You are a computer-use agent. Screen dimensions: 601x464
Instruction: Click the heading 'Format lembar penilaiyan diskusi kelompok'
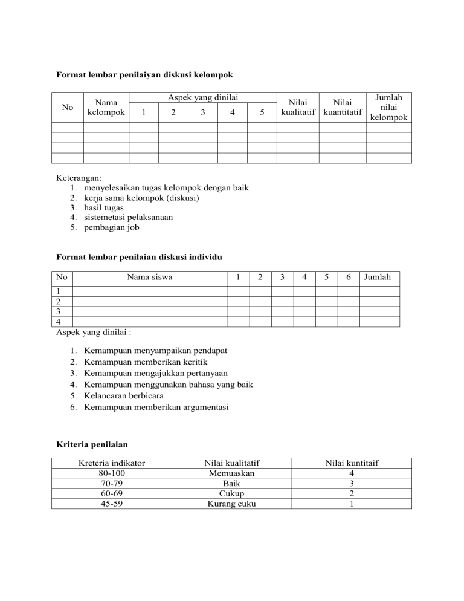click(144, 75)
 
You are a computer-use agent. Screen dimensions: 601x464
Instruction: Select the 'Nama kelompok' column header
click(106, 107)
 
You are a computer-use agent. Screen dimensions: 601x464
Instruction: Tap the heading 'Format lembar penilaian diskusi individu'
click(139, 257)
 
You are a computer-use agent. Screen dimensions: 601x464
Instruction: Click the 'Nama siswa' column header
click(149, 278)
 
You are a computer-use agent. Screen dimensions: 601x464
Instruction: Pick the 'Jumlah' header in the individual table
click(378, 278)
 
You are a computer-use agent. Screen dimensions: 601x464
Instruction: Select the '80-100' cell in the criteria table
click(112, 474)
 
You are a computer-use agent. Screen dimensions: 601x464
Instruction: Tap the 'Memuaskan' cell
click(231, 474)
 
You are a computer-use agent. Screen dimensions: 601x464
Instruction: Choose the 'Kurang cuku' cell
click(231, 503)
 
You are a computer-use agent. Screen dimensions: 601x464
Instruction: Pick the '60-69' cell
click(112, 493)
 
